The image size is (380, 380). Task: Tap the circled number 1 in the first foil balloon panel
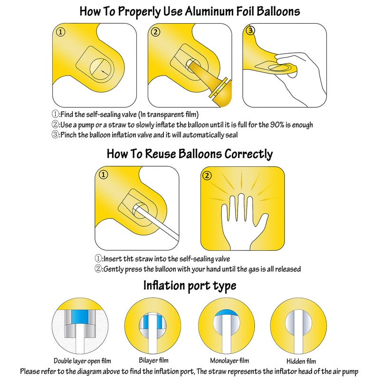61,32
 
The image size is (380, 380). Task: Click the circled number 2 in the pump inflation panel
156,32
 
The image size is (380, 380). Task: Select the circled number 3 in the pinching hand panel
250,30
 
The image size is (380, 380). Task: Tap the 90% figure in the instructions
277,125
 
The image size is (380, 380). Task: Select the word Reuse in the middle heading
160,154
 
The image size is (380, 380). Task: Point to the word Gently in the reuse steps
114,269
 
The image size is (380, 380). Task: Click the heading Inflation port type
190,286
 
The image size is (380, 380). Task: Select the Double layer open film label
82,361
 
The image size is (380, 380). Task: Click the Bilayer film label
153,361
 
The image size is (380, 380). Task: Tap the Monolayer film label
229,361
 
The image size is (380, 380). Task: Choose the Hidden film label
301,361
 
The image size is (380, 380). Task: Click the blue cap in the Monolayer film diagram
227,313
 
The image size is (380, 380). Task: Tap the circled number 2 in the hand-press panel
207,175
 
